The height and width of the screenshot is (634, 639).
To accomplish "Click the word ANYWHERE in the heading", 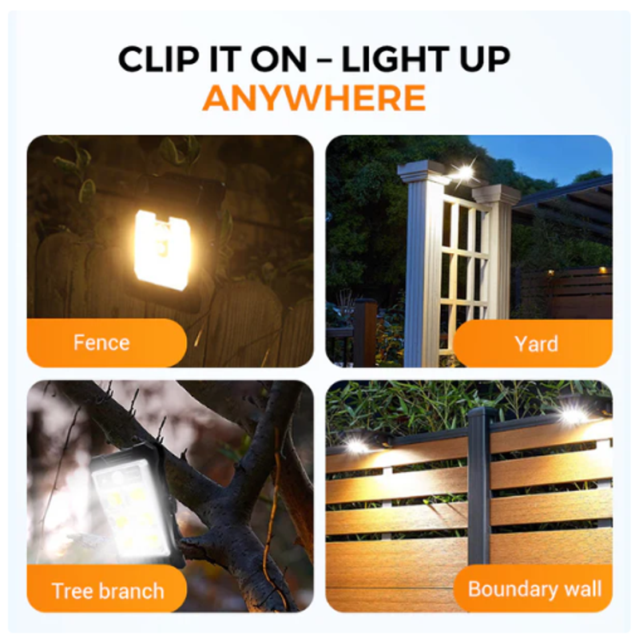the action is (x=314, y=97).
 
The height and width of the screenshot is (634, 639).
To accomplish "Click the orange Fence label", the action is (x=107, y=343).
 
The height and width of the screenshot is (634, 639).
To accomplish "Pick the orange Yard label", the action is (x=533, y=343).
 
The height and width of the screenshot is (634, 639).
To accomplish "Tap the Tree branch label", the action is (x=107, y=588).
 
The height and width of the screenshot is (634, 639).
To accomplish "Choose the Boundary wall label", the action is (x=533, y=588).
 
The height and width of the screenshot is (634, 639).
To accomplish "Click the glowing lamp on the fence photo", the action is (x=163, y=249).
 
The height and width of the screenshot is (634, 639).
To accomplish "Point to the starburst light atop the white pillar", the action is (x=463, y=172).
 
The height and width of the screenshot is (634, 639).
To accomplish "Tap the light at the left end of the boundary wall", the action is (x=355, y=445).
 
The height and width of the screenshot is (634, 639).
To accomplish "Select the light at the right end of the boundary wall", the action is (x=574, y=414).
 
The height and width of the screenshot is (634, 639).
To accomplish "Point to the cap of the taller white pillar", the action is (x=421, y=171).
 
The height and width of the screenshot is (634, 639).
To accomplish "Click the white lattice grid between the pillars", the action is (x=465, y=265).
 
